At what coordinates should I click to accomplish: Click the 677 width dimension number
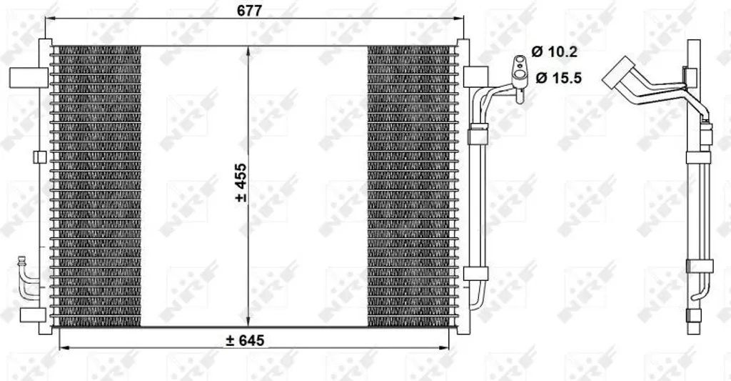[249, 10]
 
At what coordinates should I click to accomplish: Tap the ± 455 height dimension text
[241, 182]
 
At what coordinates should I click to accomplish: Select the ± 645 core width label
[245, 340]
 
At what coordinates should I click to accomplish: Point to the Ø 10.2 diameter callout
[554, 51]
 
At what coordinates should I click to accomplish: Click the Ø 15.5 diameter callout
[559, 77]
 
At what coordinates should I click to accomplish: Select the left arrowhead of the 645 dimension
[64, 347]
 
